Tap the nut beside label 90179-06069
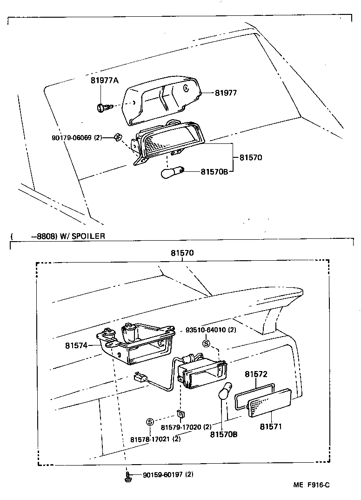(118, 137)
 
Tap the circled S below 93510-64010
(206, 344)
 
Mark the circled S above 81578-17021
(150, 422)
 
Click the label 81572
(256, 374)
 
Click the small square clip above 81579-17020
(179, 413)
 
